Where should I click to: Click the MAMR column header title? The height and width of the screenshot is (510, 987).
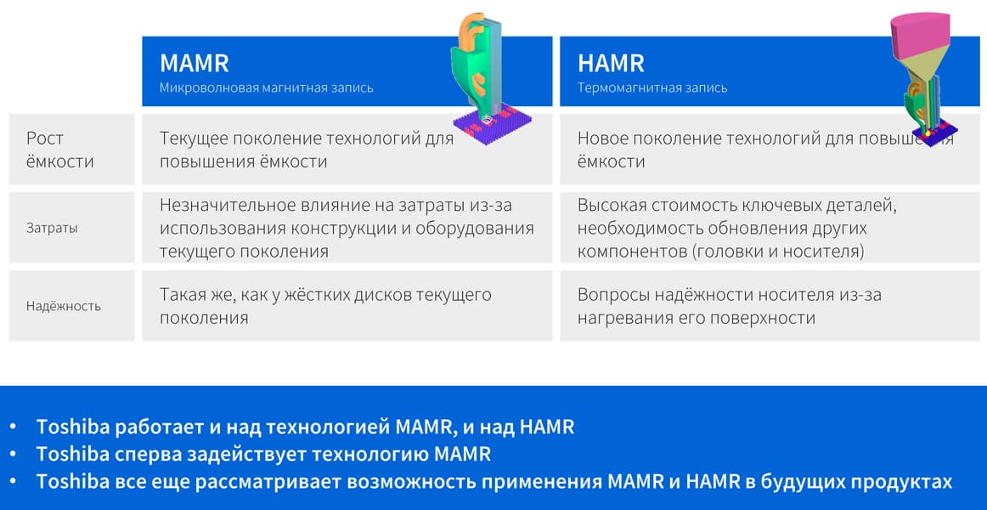[194, 64]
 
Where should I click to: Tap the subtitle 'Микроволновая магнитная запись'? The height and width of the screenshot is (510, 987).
[266, 88]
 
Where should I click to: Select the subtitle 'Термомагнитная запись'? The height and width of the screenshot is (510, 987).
[652, 88]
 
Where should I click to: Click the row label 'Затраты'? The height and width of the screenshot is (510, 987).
[53, 228]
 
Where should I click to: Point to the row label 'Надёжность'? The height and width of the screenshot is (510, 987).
[64, 307]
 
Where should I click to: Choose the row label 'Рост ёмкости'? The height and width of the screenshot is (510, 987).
[59, 150]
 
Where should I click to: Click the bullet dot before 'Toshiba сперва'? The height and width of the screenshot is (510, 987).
[14, 455]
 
